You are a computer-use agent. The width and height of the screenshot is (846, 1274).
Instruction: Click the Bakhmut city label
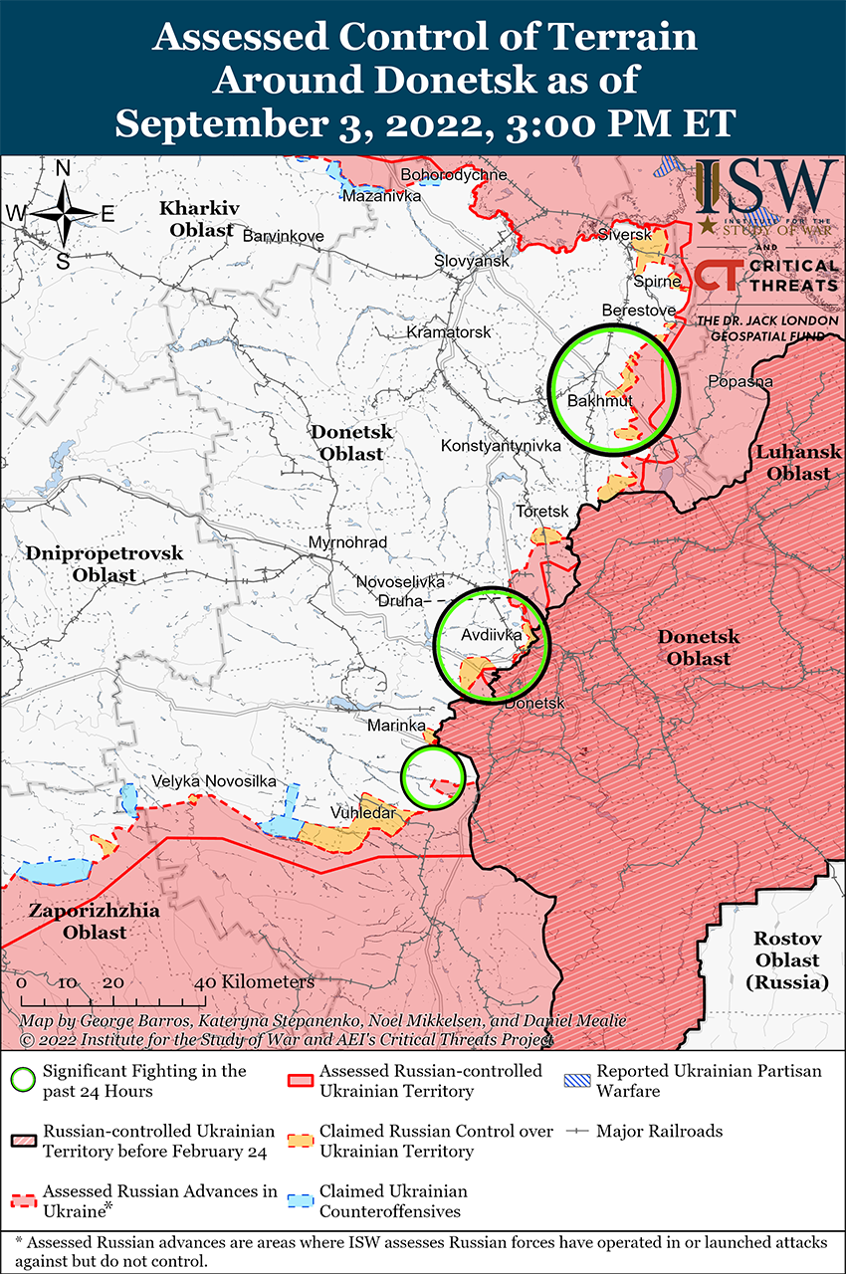600,401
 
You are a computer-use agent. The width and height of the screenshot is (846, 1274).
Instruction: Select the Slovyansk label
472,260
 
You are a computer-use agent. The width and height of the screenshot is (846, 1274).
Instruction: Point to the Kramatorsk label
448,330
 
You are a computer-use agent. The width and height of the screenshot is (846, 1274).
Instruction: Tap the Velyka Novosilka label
214,782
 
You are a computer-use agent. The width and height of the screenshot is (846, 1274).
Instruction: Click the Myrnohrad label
347,542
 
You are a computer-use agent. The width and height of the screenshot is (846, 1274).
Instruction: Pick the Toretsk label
542,511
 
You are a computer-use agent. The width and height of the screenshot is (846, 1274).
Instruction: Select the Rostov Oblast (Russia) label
786,959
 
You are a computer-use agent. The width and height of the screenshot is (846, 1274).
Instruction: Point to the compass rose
63,213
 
